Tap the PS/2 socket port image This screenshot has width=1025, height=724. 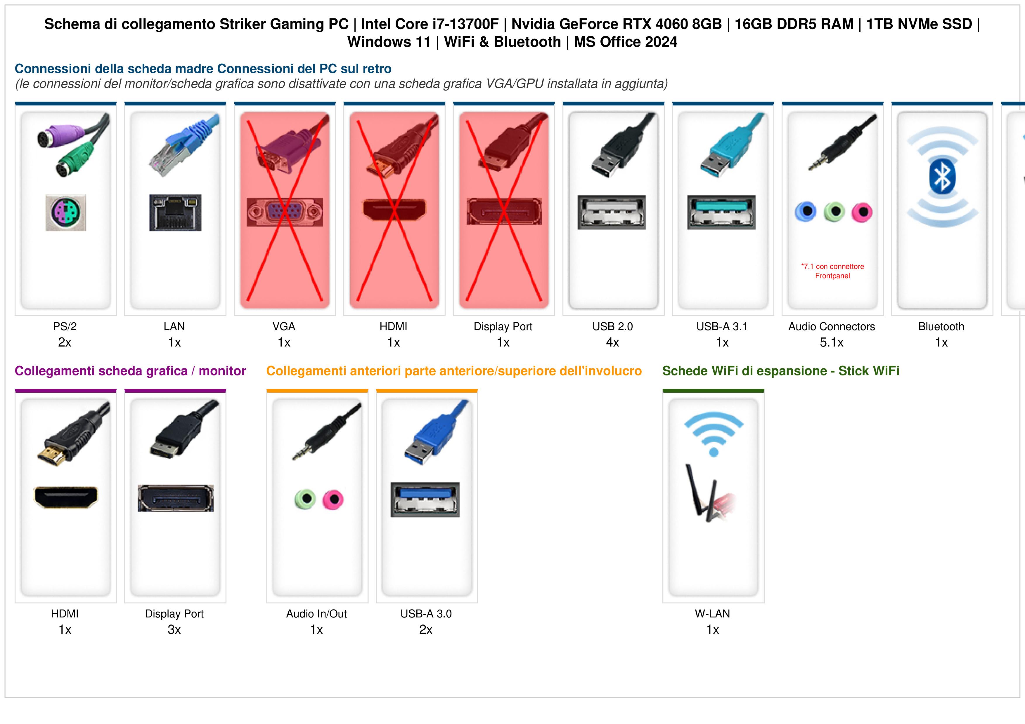pos(66,212)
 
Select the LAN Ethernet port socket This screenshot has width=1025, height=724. pos(175,212)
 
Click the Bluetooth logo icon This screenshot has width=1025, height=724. pos(942,177)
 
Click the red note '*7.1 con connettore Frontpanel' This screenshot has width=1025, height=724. pos(832,271)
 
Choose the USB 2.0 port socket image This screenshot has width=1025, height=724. pos(612,212)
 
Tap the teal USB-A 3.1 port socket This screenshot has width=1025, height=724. pos(721,212)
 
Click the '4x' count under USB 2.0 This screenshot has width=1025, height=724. pos(612,343)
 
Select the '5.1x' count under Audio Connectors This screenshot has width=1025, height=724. pos(832,343)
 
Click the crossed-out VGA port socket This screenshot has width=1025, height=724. pos(285,212)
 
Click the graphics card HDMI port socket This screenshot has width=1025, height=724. pos(66,497)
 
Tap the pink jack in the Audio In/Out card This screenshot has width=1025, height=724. pos(333,500)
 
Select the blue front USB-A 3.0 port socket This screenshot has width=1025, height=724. pos(425,499)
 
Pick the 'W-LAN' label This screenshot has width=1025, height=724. pos(712,614)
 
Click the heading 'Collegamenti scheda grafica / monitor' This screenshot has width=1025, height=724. pos(130,371)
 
